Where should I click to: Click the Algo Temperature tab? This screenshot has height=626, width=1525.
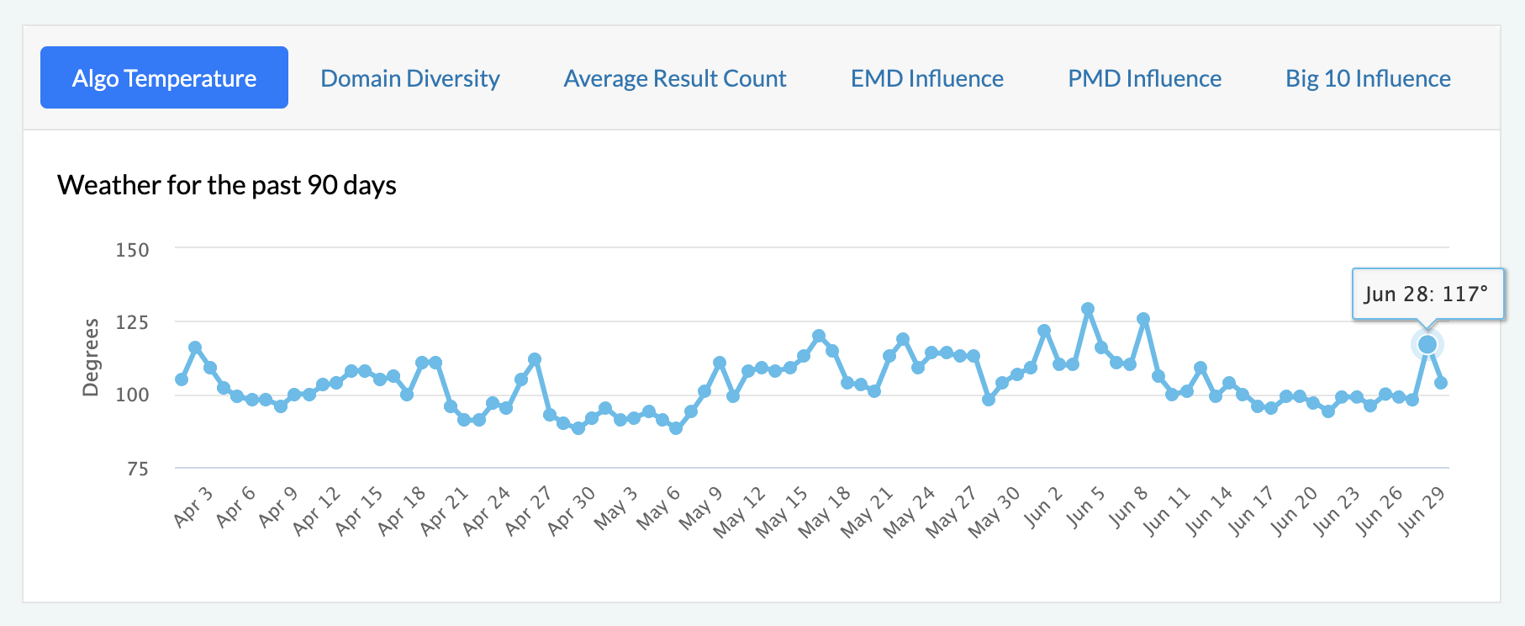click(x=164, y=78)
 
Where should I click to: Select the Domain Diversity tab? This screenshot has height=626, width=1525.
click(x=410, y=78)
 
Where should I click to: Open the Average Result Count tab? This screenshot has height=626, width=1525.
click(x=675, y=78)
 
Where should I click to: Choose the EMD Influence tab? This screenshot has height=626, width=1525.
click(x=927, y=78)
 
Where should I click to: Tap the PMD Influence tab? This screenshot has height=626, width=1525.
click(x=1144, y=78)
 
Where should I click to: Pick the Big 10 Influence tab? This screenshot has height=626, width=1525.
click(x=1368, y=78)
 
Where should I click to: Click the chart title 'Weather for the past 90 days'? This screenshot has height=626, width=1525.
click(x=227, y=185)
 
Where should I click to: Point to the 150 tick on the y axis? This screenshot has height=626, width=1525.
click(x=132, y=250)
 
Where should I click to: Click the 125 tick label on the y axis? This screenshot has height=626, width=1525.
click(x=132, y=322)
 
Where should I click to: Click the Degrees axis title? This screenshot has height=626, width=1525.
click(x=91, y=357)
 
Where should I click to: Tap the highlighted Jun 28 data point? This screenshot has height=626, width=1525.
click(x=1427, y=344)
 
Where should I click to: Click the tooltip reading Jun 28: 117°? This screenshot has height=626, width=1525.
click(x=1427, y=294)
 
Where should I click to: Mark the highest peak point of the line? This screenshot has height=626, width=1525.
click(x=1088, y=309)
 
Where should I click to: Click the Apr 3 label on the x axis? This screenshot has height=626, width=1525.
click(x=193, y=507)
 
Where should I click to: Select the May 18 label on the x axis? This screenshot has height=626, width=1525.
click(x=824, y=512)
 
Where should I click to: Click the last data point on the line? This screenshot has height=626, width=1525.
click(x=1441, y=383)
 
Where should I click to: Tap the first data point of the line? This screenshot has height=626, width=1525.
click(x=182, y=379)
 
